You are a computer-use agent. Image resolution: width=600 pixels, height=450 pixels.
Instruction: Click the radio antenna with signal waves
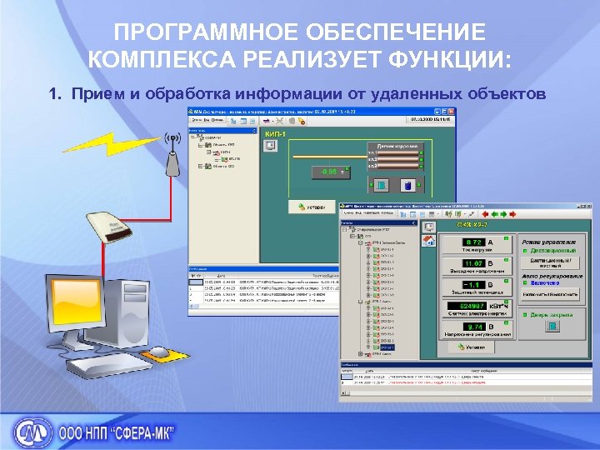pyautogui.click(x=173, y=155)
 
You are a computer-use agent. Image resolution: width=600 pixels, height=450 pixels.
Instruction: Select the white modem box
pyautogui.click(x=107, y=227)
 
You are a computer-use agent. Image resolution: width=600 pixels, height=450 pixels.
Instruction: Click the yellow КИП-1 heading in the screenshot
pyautogui.click(x=275, y=133)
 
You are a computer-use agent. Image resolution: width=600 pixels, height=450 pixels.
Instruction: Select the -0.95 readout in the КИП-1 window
pyautogui.click(x=322, y=172)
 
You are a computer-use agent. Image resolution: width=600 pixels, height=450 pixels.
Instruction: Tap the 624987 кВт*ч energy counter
pyautogui.click(x=472, y=307)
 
